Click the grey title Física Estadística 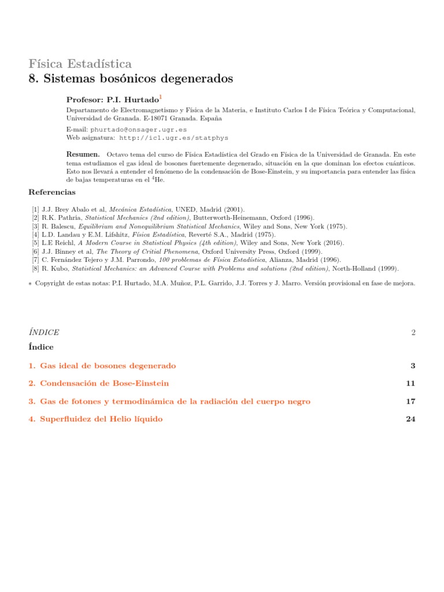click(80, 64)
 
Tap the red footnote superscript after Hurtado click(161, 97)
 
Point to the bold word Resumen click(83, 154)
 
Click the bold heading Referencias click(51, 192)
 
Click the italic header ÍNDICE click(44, 332)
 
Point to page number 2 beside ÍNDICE click(413, 332)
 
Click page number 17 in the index click(411, 401)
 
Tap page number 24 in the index click(411, 419)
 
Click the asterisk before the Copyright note click(30, 284)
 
